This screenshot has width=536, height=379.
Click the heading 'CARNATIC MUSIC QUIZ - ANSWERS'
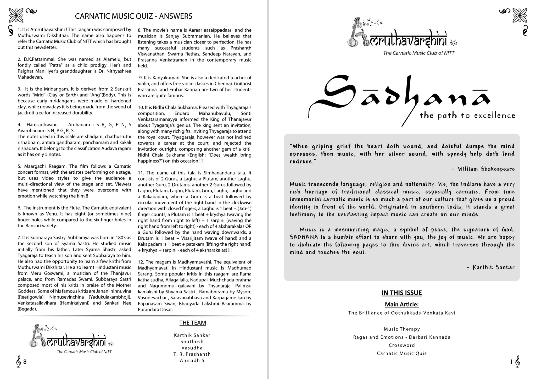coord(133,16)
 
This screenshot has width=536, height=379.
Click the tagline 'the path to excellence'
coord(467,116)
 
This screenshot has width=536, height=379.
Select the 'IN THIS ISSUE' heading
coord(401,293)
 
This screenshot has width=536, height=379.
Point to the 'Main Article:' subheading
coord(401,304)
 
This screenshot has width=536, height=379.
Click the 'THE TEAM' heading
coord(193,323)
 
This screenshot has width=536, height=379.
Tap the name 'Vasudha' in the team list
coord(192,348)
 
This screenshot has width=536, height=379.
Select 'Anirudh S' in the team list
coord(192,360)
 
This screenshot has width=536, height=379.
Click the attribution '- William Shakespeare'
coord(483,169)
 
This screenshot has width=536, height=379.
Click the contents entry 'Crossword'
coord(402,345)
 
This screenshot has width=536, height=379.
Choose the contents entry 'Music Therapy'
coord(402,329)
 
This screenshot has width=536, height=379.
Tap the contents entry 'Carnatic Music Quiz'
coord(402,353)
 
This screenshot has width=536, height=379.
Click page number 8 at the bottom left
coord(25,362)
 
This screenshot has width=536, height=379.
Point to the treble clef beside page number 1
coord(517,362)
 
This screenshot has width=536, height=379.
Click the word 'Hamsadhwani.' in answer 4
coord(42,125)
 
